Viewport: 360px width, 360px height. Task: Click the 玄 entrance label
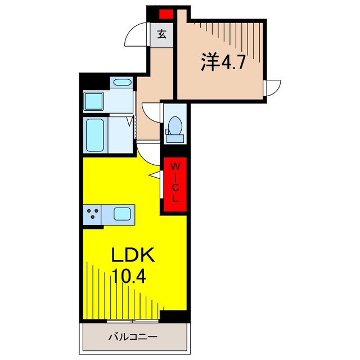(161, 35)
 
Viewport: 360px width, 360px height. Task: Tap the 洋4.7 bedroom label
(223, 62)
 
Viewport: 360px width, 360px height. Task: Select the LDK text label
(133, 255)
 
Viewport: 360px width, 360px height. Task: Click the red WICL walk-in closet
(175, 184)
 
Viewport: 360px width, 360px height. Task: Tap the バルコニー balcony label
(133, 337)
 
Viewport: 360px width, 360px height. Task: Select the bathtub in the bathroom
(95, 135)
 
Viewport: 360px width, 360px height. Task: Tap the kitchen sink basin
(122, 214)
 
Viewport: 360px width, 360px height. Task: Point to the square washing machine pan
(94, 101)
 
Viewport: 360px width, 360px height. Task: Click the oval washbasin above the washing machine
(121, 82)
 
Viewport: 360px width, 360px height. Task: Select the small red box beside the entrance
(166, 14)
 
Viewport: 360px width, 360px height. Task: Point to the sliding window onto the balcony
(133, 321)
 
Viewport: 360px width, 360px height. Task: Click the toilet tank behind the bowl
(175, 139)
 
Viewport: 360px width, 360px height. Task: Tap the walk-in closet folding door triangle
(155, 175)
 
